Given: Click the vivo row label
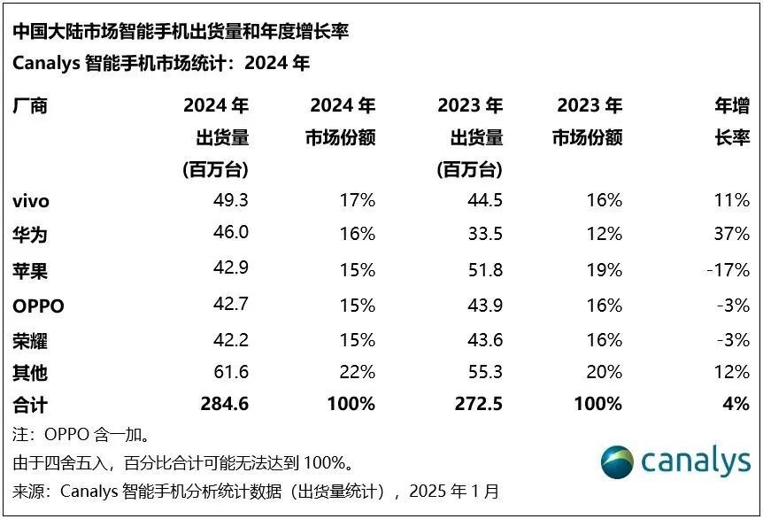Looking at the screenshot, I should pyautogui.click(x=31, y=201).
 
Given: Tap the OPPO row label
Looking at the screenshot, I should pyautogui.click(x=38, y=306).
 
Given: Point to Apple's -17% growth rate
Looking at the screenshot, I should pyautogui.click(x=728, y=271).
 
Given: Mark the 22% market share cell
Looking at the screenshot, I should pyautogui.click(x=358, y=373).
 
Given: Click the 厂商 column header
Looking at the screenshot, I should pyautogui.click(x=29, y=106).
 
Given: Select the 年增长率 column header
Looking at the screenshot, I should pyautogui.click(x=732, y=122).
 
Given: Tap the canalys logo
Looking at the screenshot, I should pyautogui.click(x=674, y=462).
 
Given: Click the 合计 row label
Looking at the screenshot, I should pyautogui.click(x=29, y=405).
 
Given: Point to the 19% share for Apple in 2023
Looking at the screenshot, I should pyautogui.click(x=605, y=271).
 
